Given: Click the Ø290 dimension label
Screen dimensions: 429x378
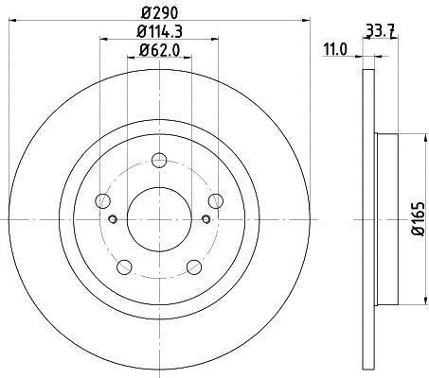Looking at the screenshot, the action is point(160,13).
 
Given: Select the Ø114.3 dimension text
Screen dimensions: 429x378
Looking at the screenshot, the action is point(160,31).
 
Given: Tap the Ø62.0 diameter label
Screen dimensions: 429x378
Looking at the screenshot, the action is point(159,50).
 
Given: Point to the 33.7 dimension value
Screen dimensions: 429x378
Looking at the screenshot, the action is point(379,31).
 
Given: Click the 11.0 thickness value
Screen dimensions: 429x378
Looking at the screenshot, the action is point(335,50).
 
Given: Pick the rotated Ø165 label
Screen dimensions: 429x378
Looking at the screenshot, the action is point(419,218).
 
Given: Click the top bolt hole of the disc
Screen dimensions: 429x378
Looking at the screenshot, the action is point(159,160).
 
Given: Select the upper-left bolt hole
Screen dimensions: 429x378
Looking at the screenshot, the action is point(102,201).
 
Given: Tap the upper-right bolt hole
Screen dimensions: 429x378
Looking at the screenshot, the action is point(216,201).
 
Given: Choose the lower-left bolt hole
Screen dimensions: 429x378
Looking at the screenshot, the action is point(124,267).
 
